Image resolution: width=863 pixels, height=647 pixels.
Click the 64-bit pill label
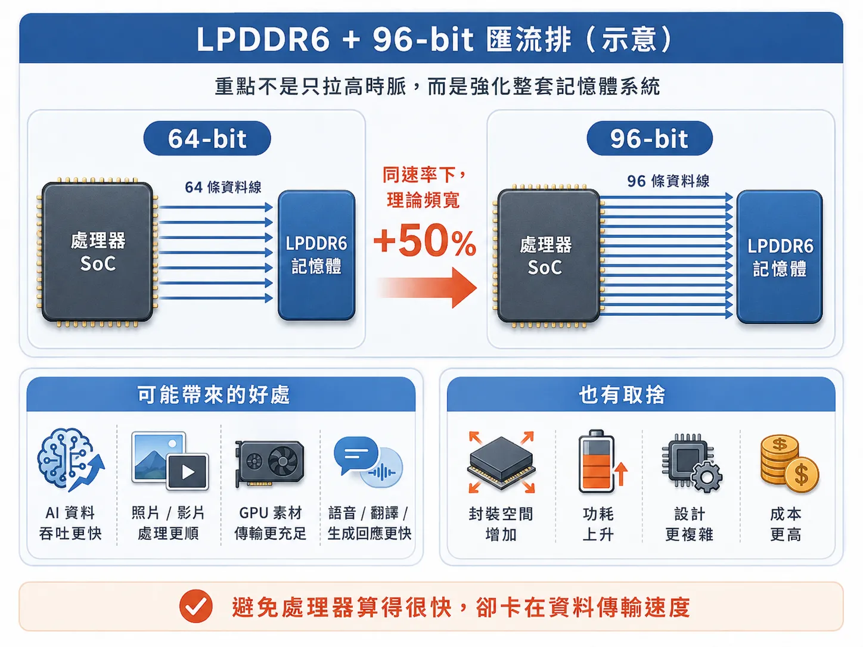[x=207, y=138]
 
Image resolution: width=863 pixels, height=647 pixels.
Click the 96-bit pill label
[x=650, y=138]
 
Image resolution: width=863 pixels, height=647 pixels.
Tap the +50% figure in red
[x=425, y=240]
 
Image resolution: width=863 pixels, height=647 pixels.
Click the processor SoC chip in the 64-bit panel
[x=98, y=252]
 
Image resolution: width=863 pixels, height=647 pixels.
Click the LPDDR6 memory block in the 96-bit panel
[x=780, y=257]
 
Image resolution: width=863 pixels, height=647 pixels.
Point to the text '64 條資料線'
[x=223, y=187]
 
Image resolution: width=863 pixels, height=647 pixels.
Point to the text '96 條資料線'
[x=668, y=181]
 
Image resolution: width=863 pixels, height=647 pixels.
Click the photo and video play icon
[x=169, y=461]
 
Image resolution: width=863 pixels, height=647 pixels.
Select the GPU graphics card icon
[x=270, y=464]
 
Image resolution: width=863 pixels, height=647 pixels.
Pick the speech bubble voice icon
[x=368, y=462]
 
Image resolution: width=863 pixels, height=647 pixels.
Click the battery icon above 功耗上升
[x=602, y=461]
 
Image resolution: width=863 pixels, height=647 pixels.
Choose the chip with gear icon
[x=692, y=462]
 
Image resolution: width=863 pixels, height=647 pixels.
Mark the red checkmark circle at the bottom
[x=196, y=606]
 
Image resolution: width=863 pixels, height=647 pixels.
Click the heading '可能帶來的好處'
[x=213, y=394]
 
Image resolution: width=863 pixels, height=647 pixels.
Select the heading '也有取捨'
[x=622, y=394]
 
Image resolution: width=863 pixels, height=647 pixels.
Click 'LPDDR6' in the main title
[x=263, y=39]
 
